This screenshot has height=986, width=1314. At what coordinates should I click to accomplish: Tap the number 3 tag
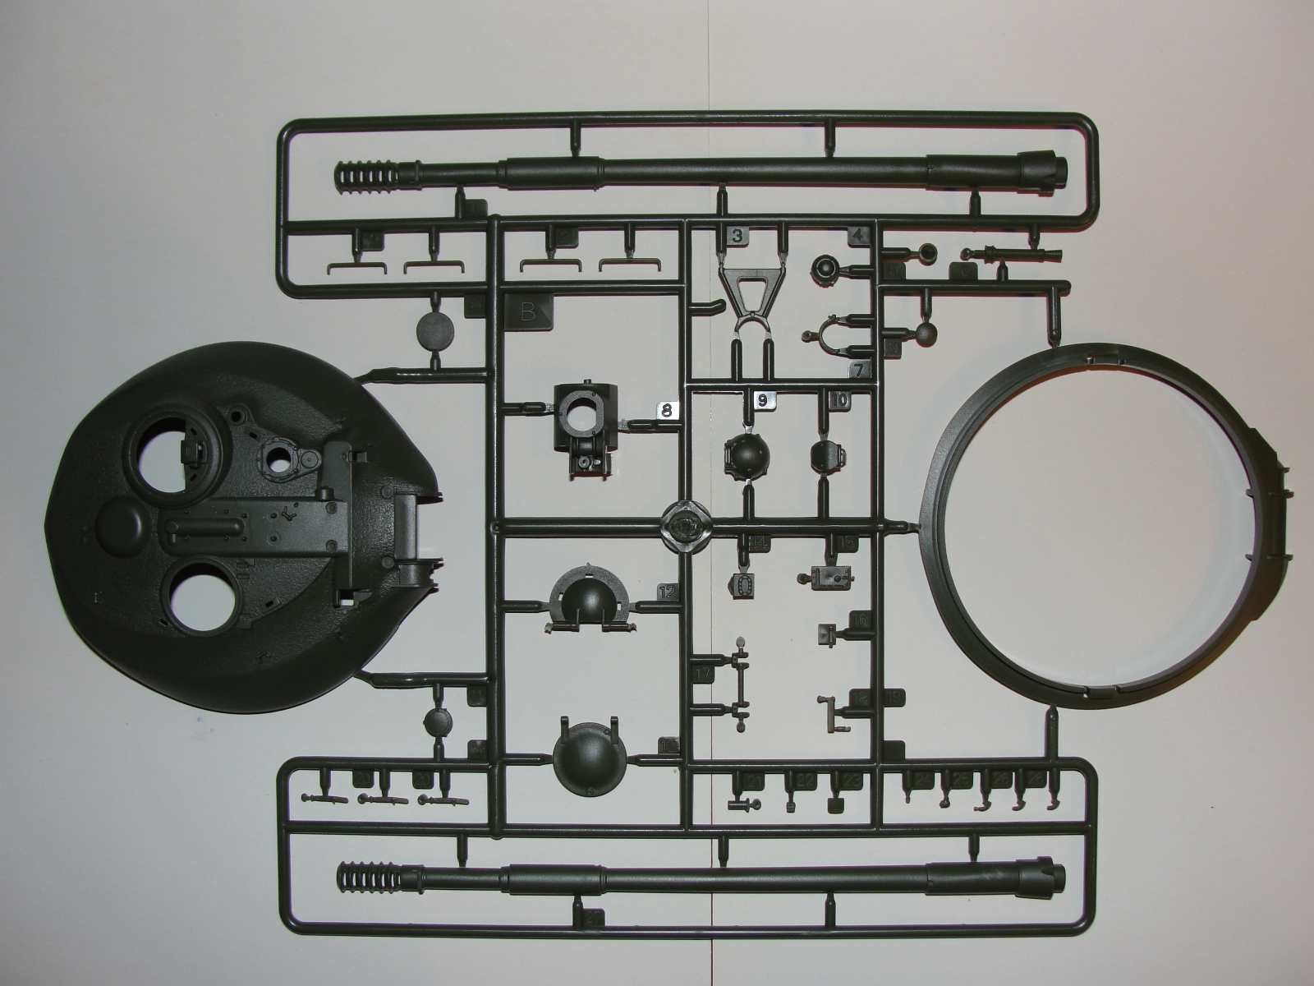pos(737,237)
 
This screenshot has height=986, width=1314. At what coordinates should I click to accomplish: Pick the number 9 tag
pos(762,401)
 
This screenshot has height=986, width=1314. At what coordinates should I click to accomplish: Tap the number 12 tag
pos(668,591)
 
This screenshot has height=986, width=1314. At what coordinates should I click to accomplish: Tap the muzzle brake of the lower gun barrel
pos(365,881)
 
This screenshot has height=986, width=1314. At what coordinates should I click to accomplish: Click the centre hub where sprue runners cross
pos(686,523)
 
